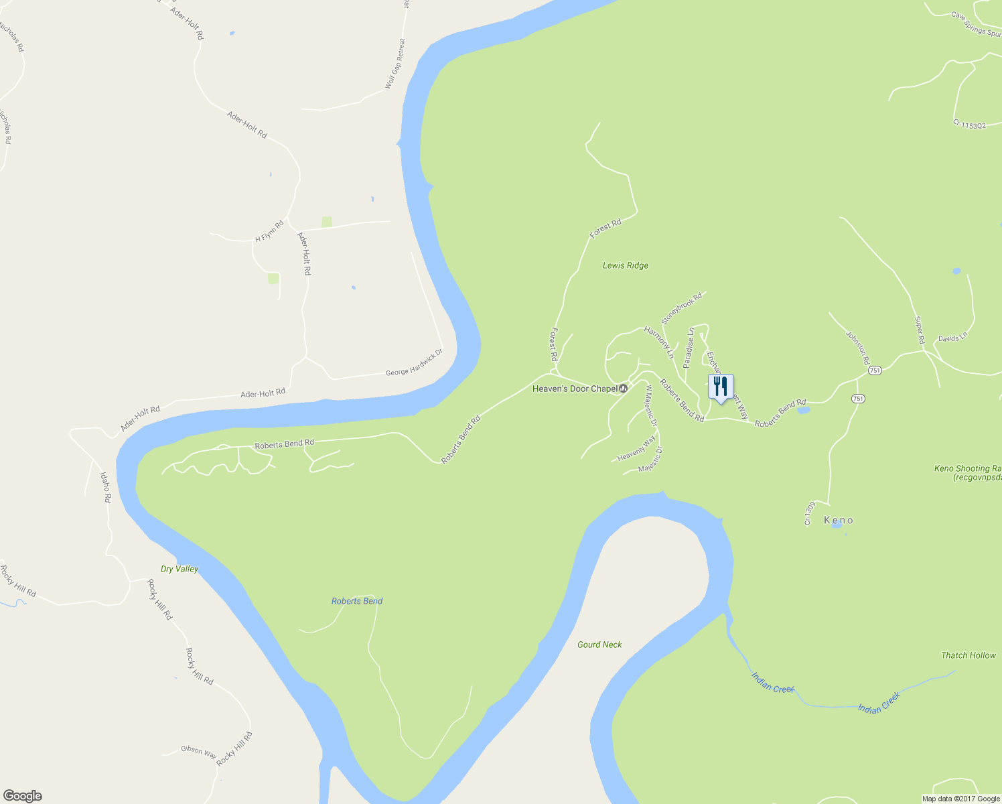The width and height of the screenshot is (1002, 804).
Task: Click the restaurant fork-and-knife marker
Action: pos(721,388)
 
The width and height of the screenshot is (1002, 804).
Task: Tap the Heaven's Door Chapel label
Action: pos(575,389)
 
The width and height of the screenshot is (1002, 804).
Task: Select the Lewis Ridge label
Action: pos(626,265)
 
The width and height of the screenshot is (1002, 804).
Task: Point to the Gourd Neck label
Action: pos(599,645)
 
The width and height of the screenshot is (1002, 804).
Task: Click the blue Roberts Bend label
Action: pos(357,601)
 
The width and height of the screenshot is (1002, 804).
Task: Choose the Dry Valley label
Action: pos(180,569)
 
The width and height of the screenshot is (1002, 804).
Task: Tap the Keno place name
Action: pos(839,520)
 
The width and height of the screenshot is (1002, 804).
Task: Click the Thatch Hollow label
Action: pos(969,655)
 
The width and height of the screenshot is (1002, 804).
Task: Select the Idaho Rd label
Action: pos(105,487)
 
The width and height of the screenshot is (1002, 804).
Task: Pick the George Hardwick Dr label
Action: pos(414,362)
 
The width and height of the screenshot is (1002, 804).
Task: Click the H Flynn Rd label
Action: pos(269,231)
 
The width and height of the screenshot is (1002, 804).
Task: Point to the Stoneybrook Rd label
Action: pos(682,308)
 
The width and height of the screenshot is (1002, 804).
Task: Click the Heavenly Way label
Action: pos(636,448)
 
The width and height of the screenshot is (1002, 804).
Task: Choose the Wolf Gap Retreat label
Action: pos(395,64)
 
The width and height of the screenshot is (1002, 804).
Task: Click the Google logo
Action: pos(22,796)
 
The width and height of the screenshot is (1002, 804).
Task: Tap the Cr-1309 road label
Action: pos(810,513)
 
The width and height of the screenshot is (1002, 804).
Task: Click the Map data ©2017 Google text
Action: pos(961,799)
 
